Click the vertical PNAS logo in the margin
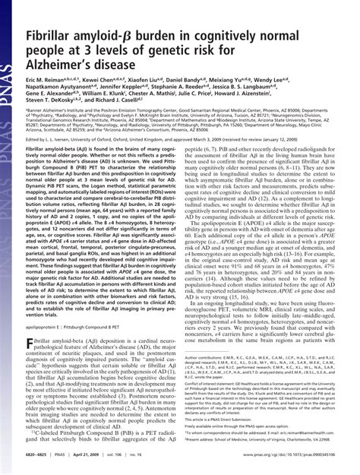11,49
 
